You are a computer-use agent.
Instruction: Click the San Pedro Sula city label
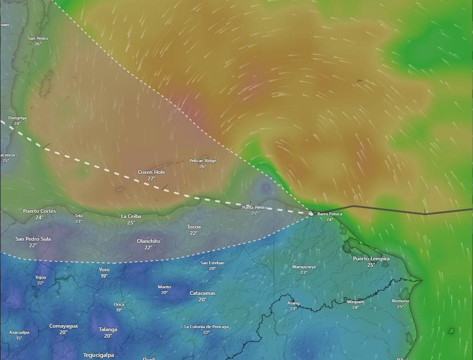33,239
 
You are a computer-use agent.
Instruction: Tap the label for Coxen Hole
151,172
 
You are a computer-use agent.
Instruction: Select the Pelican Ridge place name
203,161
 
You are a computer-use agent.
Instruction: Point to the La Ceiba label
131,216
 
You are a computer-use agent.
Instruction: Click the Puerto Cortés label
39,211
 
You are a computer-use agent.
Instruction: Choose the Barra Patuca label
329,214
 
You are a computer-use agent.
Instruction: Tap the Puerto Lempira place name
371,258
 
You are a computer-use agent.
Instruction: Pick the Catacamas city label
202,293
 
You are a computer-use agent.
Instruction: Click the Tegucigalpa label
99,355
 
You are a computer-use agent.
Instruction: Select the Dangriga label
17,118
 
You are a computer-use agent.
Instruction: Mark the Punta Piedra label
254,207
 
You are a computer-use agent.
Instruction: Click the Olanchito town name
148,241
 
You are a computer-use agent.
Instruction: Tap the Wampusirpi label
303,267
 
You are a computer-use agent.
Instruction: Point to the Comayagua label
63,326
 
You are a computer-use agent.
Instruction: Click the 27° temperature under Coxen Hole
151,179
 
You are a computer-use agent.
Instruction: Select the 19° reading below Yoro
104,276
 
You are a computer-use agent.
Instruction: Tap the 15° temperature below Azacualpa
19,338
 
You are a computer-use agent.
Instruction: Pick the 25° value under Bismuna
400,307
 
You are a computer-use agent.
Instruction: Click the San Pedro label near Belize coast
38,38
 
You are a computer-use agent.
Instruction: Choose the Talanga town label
108,329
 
